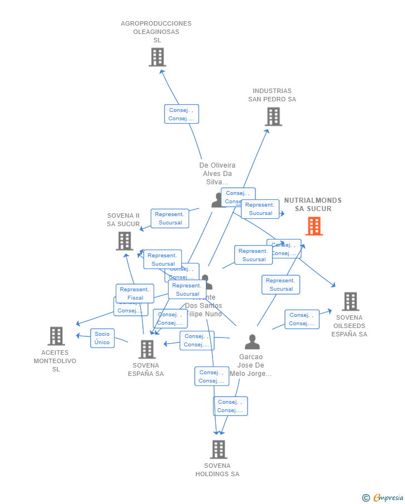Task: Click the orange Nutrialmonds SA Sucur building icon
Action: click(x=314, y=226)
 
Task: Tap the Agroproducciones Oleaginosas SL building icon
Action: click(x=157, y=57)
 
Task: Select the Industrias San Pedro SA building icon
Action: click(x=273, y=116)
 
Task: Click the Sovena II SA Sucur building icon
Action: click(x=125, y=241)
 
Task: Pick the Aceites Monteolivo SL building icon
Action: click(x=56, y=336)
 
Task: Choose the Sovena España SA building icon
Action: click(x=147, y=349)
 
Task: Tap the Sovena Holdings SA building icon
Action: click(x=218, y=449)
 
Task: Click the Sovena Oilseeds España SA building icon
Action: click(x=350, y=301)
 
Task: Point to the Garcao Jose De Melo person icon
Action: click(x=252, y=342)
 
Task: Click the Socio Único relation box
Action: click(x=102, y=338)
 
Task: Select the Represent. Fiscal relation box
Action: click(x=135, y=293)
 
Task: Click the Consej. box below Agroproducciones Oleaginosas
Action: click(x=181, y=114)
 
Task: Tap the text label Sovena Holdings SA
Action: click(x=217, y=470)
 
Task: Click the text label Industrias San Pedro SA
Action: click(x=272, y=95)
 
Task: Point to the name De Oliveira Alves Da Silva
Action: click(x=217, y=174)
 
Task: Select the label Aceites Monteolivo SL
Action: click(x=55, y=361)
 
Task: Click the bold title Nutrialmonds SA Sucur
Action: click(x=313, y=204)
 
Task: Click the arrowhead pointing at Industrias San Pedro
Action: click(x=267, y=131)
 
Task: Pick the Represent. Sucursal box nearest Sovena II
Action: click(x=170, y=218)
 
